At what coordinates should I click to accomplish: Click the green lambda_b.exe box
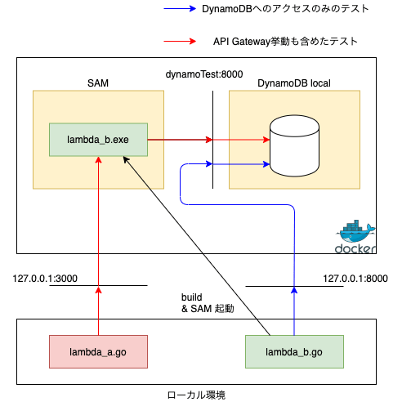(98, 140)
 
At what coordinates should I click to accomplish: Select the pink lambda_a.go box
(98, 351)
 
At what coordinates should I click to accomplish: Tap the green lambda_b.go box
(294, 351)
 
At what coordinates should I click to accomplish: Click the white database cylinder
(294, 145)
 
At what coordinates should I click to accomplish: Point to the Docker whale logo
(355, 236)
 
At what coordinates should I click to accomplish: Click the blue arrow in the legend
(180, 9)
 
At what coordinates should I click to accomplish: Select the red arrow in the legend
(180, 42)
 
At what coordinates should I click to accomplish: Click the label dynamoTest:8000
(204, 74)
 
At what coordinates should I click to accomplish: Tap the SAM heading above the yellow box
(98, 83)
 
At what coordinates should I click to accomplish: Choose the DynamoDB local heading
(294, 83)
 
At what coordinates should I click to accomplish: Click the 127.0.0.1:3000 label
(45, 279)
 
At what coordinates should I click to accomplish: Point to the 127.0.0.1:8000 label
(355, 279)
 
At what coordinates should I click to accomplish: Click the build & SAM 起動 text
(208, 303)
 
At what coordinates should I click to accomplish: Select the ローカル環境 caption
(196, 395)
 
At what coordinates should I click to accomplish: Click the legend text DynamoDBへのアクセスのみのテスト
(285, 9)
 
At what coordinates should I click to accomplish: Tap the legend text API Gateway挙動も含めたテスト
(285, 42)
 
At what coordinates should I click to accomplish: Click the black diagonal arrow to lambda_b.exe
(197, 246)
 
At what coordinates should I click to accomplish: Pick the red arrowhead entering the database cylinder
(266, 140)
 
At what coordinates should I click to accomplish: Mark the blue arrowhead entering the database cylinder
(266, 164)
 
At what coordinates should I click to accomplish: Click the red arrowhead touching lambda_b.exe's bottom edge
(98, 160)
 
